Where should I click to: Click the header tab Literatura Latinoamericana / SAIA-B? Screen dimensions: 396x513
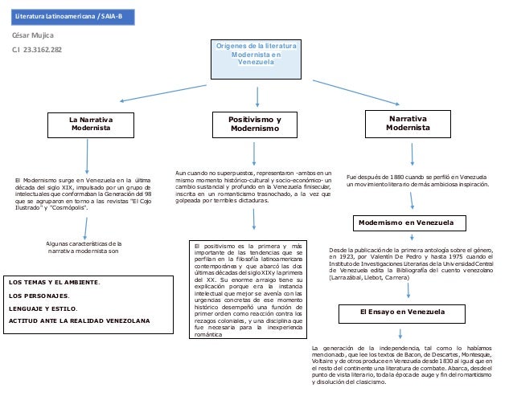click(67, 16)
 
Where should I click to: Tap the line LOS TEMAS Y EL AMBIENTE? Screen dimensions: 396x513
click(54, 282)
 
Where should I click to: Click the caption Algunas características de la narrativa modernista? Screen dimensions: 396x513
click(83, 247)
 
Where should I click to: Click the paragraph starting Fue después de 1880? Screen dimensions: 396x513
click(417, 180)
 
